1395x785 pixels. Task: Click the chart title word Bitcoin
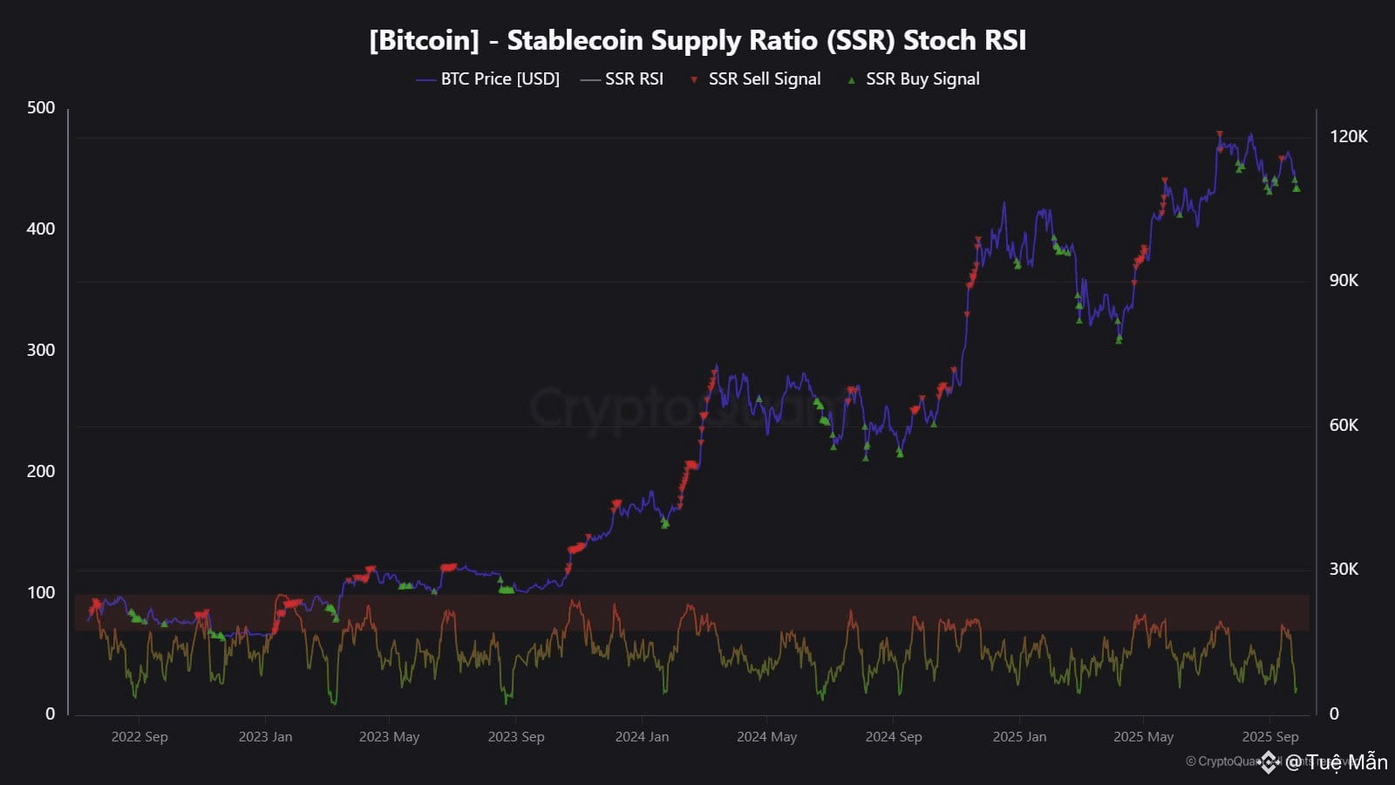(424, 40)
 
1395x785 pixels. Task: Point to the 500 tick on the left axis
(41, 107)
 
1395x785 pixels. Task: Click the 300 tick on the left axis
(41, 350)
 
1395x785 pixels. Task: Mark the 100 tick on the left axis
(41, 592)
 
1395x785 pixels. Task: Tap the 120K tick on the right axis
(1348, 136)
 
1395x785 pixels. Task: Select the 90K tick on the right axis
(1344, 280)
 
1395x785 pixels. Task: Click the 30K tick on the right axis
(1344, 569)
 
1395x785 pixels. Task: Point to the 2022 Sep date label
(139, 736)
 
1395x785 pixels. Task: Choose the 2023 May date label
(389, 736)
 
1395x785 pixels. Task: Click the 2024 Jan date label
(642, 736)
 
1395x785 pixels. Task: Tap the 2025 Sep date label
(1270, 736)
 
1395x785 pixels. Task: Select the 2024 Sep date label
(893, 736)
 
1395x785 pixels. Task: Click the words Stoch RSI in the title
(964, 40)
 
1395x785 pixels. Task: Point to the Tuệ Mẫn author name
(1346, 762)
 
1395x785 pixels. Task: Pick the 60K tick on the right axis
(1344, 425)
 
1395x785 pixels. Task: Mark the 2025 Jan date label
(1019, 736)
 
